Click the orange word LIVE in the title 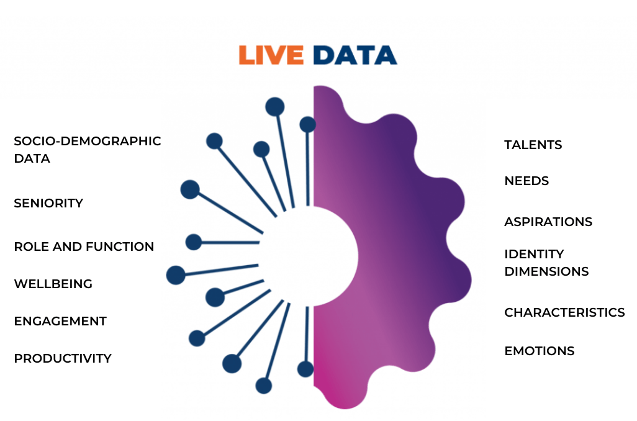point(271,55)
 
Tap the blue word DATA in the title point(355,55)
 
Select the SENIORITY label point(48,203)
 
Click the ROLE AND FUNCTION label point(84,247)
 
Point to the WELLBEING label point(53,284)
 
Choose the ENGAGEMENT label point(60,321)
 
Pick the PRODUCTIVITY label point(63,358)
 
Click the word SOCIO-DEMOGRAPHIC point(88,141)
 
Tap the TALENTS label point(533,145)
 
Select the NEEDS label point(526,181)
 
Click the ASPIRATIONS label point(548,222)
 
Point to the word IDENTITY point(534,254)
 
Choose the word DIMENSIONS point(546,271)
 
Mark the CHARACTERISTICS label point(565,312)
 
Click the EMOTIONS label point(540,351)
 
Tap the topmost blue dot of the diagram point(274,107)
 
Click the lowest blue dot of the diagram point(264,386)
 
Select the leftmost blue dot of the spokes point(176,275)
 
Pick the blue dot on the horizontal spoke point(194,242)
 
